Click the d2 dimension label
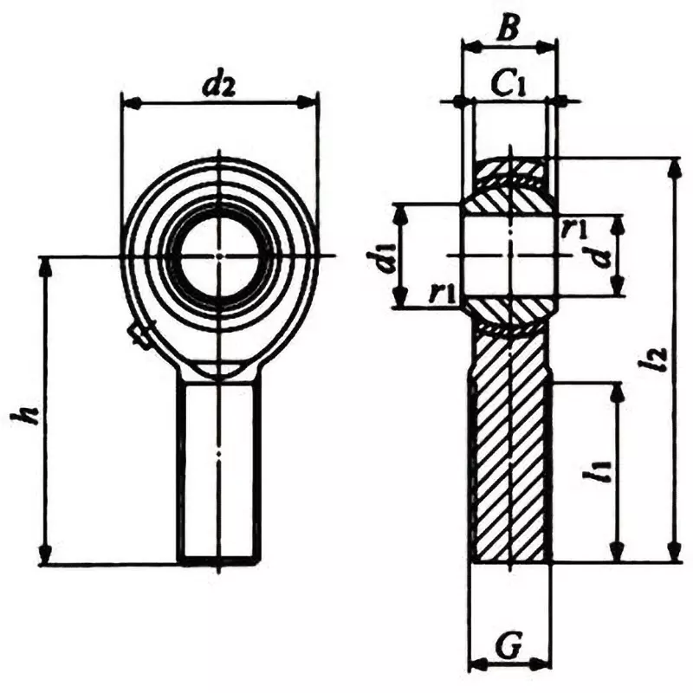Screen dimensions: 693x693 coord(217,84)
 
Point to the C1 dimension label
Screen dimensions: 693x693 coord(509,85)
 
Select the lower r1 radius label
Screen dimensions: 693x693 coord(443,293)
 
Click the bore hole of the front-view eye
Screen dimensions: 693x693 coord(219,255)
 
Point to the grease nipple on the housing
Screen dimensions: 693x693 coord(138,334)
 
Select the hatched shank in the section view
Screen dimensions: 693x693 coord(510,450)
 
